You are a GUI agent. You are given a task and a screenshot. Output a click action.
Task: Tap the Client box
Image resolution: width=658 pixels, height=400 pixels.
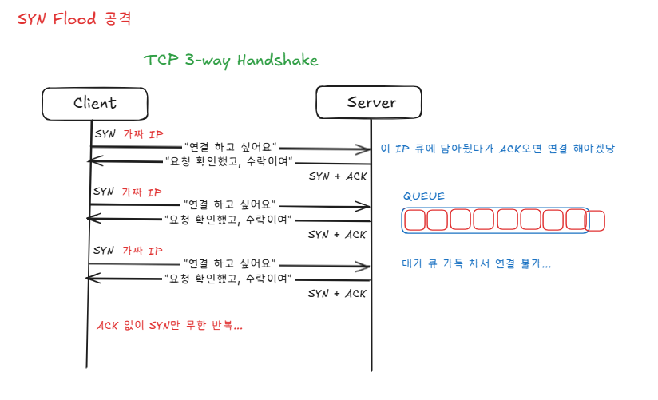(x=95, y=103)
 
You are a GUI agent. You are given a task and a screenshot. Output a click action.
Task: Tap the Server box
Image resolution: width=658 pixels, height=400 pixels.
(x=371, y=103)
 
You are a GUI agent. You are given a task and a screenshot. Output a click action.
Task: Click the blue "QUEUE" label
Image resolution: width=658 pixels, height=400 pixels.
(x=423, y=196)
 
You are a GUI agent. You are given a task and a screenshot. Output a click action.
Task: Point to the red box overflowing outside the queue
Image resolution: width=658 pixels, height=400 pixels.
(x=596, y=220)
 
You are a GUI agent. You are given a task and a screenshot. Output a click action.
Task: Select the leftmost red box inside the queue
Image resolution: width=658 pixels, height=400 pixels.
(x=414, y=220)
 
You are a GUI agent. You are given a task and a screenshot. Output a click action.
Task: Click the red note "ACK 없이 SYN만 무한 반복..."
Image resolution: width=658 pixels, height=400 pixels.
(x=169, y=326)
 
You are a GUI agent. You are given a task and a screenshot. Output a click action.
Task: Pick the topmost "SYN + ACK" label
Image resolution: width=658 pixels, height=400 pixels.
(x=337, y=176)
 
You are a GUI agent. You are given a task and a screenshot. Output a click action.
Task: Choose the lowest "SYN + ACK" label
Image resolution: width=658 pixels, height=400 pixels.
(x=337, y=294)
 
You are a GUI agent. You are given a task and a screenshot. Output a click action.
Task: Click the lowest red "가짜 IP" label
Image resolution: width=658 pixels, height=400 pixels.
(x=143, y=251)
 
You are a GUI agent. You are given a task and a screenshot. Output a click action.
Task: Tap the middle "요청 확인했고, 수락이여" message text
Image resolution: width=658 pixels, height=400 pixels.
(x=227, y=219)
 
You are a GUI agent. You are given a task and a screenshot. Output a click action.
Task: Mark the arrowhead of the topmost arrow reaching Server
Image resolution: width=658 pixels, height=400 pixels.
(x=364, y=149)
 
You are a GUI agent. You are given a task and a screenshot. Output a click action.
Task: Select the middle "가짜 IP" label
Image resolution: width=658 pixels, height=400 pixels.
(x=143, y=192)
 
